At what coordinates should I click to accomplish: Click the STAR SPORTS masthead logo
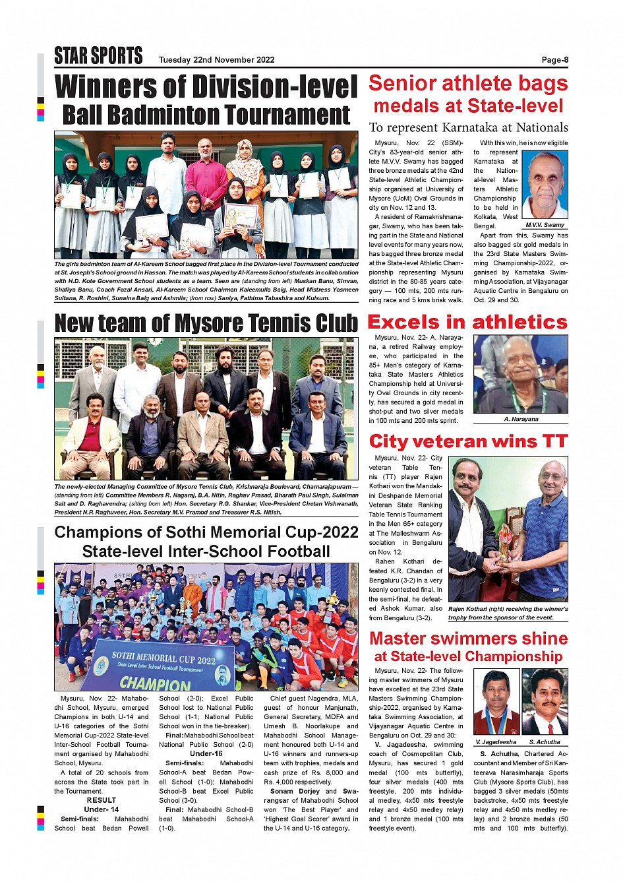(98, 56)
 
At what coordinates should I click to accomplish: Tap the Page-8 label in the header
(554, 60)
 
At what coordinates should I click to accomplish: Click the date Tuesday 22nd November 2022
(216, 60)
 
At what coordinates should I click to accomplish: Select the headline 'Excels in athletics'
(467, 322)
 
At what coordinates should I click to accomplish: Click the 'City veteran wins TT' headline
(468, 441)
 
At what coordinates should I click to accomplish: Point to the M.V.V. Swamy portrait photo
(545, 185)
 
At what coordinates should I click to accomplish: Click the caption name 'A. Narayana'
(521, 419)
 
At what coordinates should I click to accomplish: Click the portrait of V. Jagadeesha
(496, 702)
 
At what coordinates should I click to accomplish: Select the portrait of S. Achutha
(545, 702)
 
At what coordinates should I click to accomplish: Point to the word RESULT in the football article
(102, 800)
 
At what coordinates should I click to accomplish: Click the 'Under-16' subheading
(206, 753)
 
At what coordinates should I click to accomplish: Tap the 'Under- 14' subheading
(102, 809)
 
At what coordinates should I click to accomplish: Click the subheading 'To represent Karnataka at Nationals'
(468, 128)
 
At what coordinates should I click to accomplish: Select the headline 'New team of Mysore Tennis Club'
(206, 323)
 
